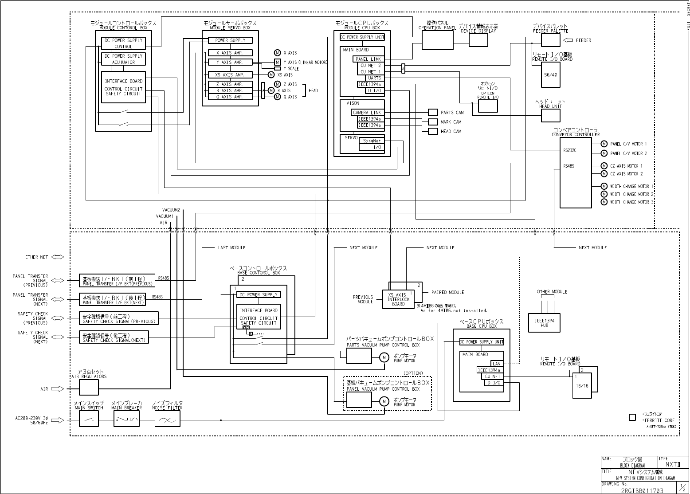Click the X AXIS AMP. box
230,53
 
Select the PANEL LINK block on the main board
368,59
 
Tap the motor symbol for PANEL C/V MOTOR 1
604,144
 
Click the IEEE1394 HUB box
544,322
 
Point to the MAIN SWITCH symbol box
89,419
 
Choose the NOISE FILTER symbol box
167,419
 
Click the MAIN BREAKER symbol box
127,419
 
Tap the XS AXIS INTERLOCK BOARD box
398,299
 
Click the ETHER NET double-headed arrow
58,257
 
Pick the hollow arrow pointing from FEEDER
568,40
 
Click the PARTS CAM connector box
433,113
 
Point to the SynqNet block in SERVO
372,141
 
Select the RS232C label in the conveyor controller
569,150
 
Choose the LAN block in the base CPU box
496,364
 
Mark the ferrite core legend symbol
632,417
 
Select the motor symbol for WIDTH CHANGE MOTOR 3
604,202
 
